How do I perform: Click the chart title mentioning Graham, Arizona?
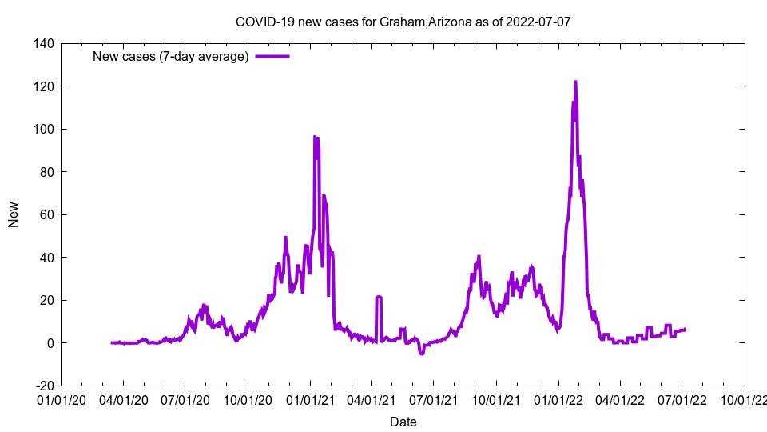(x=403, y=22)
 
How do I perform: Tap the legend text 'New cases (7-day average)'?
(x=171, y=56)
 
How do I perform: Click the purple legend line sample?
(x=272, y=56)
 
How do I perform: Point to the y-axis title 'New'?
(x=14, y=214)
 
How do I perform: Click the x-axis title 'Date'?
(x=403, y=422)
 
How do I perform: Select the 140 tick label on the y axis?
(x=43, y=43)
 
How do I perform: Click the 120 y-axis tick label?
(x=43, y=86)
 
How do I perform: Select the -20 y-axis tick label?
(x=43, y=386)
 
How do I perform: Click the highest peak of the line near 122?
(x=575, y=82)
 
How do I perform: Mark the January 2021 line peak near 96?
(x=315, y=137)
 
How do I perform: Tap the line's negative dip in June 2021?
(x=422, y=354)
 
